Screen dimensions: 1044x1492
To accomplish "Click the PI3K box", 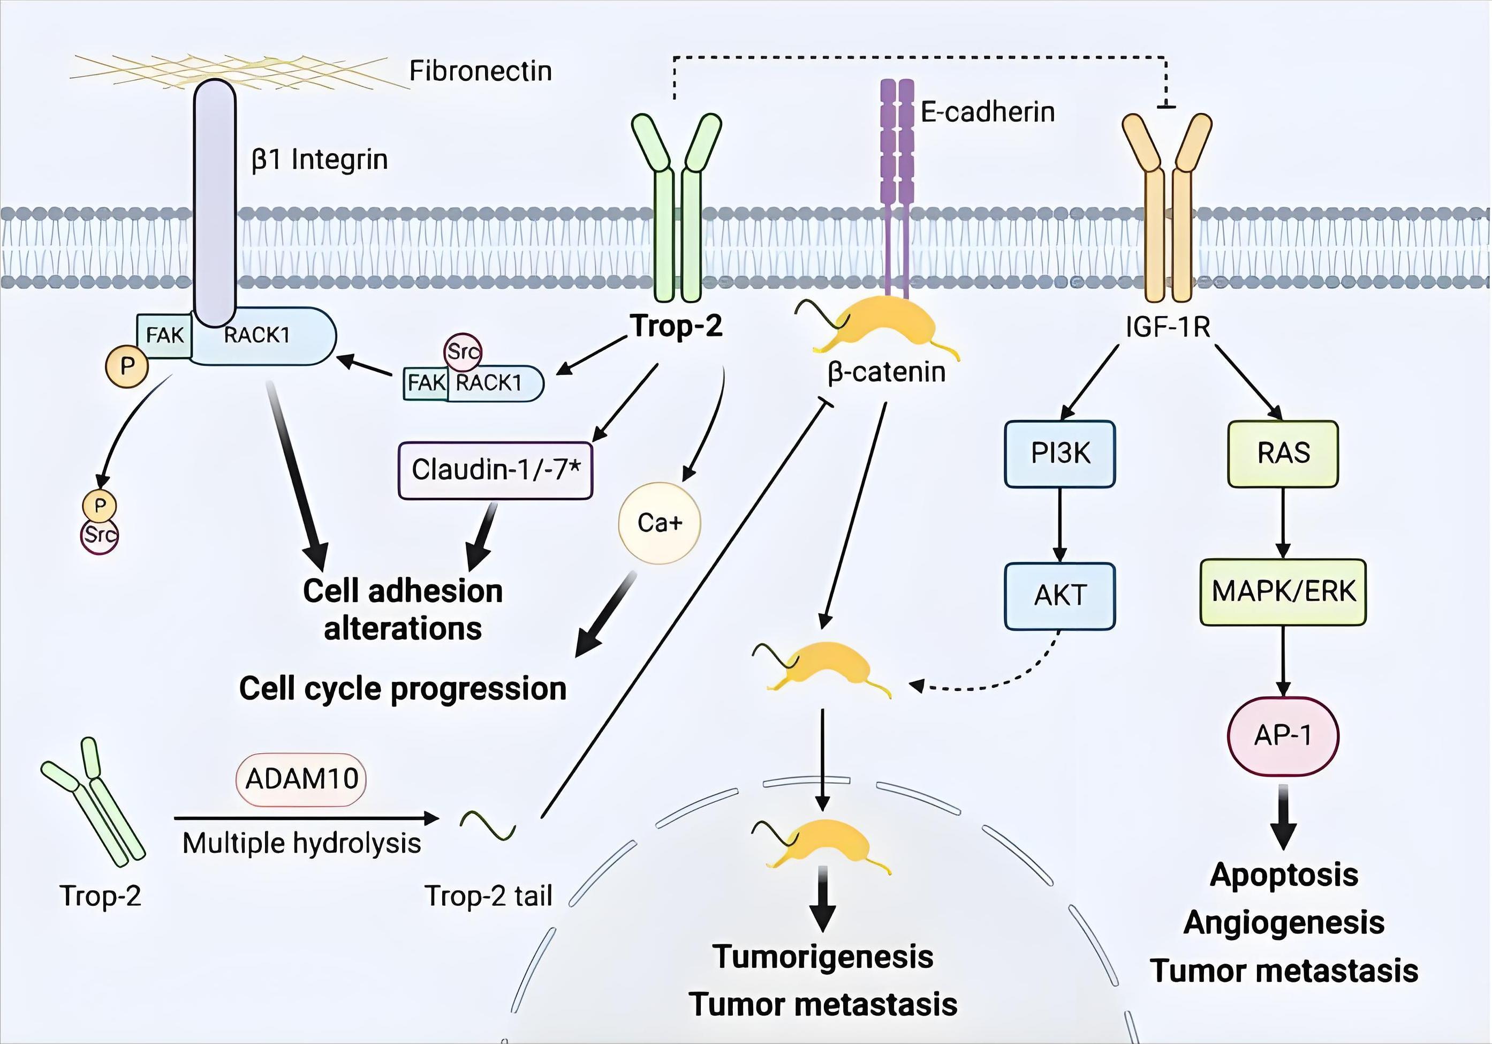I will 1060,454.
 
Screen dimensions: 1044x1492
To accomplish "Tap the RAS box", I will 1283,454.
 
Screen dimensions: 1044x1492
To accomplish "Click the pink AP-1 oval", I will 1283,736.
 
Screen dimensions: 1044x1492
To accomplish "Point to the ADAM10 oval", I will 301,779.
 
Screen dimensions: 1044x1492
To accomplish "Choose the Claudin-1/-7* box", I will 495,470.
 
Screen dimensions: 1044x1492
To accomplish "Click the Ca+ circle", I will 660,523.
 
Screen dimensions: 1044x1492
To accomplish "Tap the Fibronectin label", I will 480,71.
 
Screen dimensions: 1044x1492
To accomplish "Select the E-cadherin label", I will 987,112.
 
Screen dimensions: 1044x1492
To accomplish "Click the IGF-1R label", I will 1168,327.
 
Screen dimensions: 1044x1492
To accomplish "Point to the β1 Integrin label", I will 320,159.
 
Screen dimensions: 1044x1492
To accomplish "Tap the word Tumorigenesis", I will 823,957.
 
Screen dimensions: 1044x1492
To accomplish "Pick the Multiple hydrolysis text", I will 301,843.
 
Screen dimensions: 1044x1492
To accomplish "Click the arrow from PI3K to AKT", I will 1060,524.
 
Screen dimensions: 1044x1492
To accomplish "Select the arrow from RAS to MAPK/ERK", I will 1283,523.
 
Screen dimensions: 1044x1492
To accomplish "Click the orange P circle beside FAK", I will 127,366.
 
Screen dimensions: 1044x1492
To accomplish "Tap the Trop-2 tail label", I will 488,896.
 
